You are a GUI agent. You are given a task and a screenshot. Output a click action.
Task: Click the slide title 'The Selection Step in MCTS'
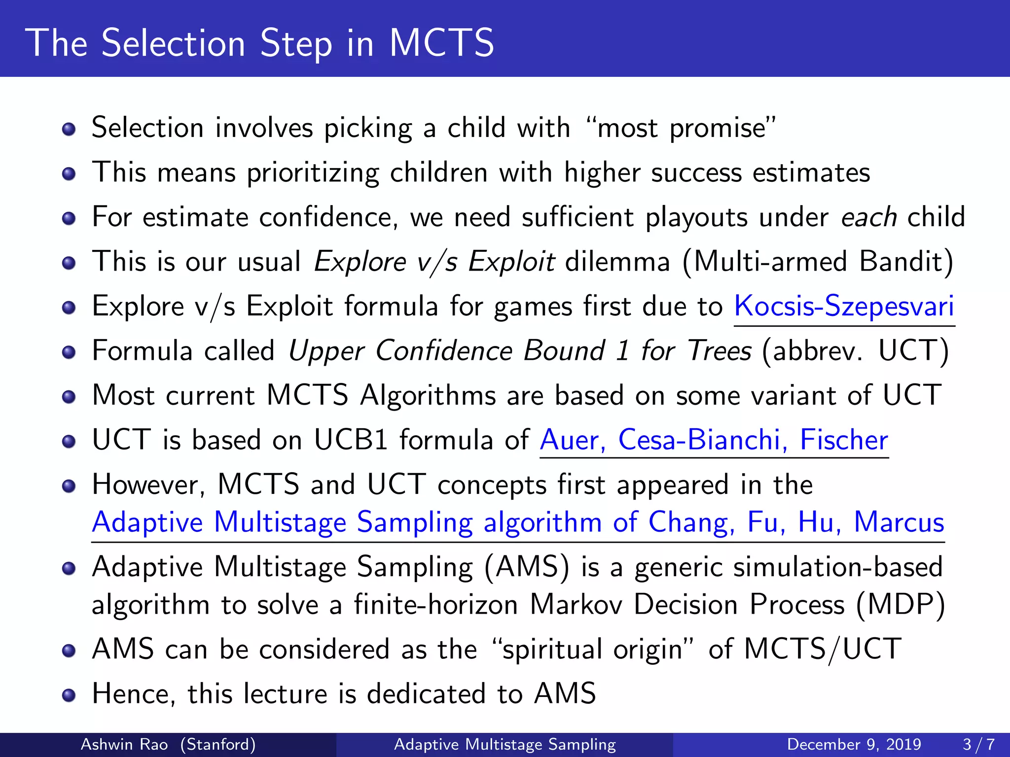259,43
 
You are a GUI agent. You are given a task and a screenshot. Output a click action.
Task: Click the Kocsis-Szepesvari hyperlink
844,306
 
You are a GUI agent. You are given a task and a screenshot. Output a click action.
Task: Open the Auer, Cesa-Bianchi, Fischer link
714,440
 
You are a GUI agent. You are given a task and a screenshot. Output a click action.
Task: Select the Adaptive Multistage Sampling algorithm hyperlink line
518,522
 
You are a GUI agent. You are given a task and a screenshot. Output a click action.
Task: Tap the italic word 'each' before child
868,217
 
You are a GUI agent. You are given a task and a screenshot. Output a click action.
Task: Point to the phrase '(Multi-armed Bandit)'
818,262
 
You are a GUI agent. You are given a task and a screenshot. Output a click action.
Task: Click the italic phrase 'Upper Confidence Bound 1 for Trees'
520,351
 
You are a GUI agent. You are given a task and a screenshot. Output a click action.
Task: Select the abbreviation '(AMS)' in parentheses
526,567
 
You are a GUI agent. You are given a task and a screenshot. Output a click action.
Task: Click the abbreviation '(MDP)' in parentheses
901,605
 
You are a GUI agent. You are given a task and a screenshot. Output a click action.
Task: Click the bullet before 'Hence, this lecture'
69,695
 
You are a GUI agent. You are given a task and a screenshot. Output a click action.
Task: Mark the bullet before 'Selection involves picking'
69,129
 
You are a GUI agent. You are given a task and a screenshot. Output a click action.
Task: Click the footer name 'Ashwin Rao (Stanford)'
168,744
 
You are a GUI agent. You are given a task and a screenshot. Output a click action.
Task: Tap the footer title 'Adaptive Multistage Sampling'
505,744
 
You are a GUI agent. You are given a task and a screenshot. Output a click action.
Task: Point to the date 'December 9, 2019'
854,744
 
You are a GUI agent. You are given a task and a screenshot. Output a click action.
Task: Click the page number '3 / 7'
978,744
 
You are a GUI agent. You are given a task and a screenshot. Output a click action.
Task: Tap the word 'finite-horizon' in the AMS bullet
436,605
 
